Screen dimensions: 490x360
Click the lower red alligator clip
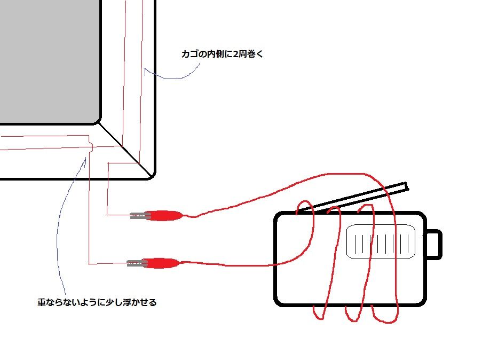(x=163, y=263)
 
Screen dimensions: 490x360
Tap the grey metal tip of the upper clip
(x=139, y=216)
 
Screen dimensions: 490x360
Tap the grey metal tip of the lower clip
(x=136, y=263)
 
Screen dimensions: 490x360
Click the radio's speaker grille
(x=381, y=241)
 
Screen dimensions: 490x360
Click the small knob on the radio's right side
(x=434, y=244)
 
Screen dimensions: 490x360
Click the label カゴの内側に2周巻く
(x=222, y=54)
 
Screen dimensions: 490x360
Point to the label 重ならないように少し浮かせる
(x=97, y=302)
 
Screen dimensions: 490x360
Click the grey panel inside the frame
(x=48, y=59)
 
